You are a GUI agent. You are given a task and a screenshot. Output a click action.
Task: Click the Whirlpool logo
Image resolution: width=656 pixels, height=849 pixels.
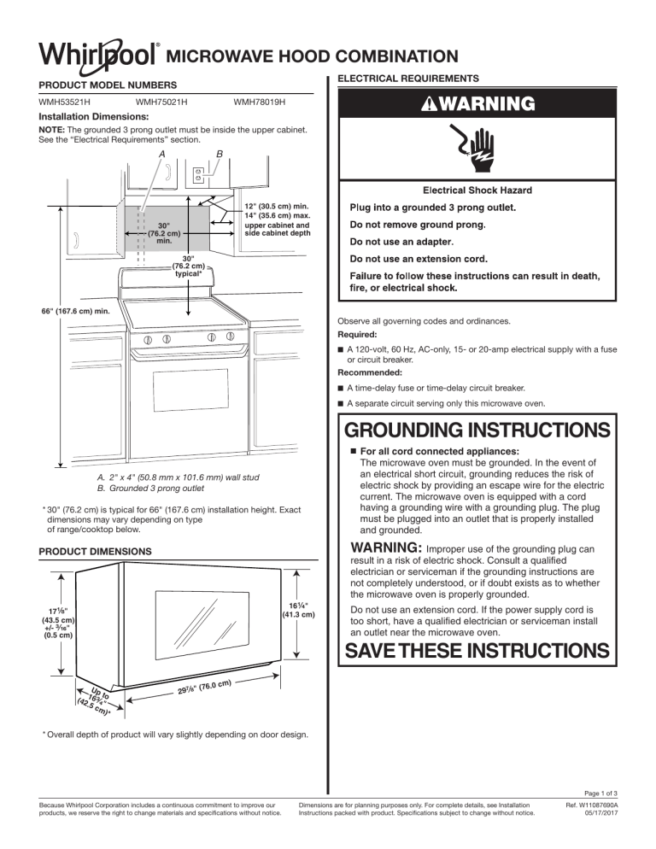96,56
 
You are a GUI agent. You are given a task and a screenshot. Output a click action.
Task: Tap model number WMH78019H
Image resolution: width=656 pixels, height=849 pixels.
259,102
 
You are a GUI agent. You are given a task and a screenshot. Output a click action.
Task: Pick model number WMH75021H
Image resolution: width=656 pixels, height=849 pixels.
162,102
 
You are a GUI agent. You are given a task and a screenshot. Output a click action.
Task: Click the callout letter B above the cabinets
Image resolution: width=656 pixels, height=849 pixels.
220,155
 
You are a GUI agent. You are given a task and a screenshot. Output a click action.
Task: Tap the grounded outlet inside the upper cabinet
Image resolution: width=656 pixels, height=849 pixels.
198,174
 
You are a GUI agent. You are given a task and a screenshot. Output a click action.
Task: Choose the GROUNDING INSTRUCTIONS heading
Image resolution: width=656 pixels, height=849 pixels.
478,427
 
